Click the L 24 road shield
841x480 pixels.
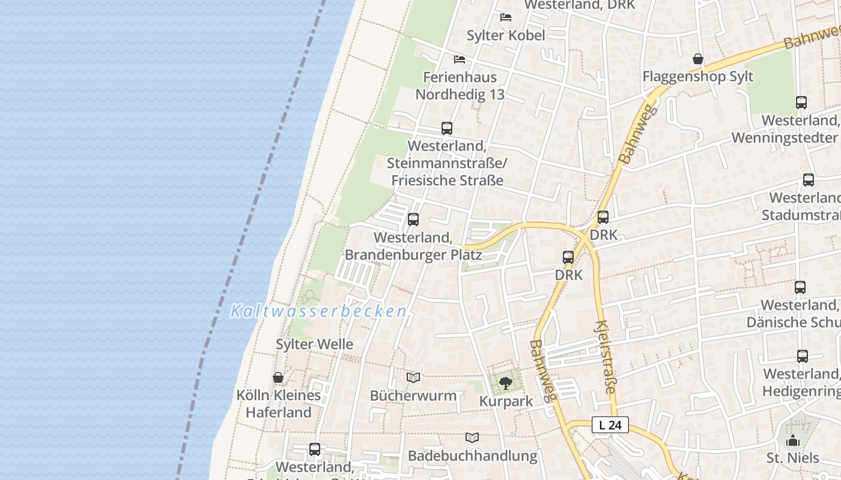click(x=610, y=425)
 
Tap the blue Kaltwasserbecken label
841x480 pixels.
click(x=319, y=311)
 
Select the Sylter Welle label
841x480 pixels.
click(x=314, y=344)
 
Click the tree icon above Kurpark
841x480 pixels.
click(x=506, y=383)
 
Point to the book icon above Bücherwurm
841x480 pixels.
click(x=413, y=377)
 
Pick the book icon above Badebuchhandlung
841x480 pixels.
click(x=472, y=437)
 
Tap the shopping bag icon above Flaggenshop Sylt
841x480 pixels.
click(x=698, y=59)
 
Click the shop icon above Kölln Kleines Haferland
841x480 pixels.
click(x=278, y=377)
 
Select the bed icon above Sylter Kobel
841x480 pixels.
click(x=506, y=17)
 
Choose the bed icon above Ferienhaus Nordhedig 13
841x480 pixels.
click(x=460, y=59)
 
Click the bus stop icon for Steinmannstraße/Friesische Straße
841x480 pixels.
click(x=447, y=128)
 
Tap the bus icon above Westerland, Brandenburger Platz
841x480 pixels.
click(x=413, y=220)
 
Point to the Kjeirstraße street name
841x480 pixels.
click(x=605, y=356)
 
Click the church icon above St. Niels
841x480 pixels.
click(x=793, y=440)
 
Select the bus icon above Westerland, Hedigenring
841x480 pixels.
click(x=803, y=356)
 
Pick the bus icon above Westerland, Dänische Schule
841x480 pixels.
click(x=800, y=287)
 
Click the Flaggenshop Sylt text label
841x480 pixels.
click(x=698, y=77)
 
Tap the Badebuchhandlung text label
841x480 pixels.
click(x=472, y=455)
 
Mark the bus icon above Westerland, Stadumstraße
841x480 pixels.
click(x=809, y=180)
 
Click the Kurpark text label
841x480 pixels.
click(x=506, y=401)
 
